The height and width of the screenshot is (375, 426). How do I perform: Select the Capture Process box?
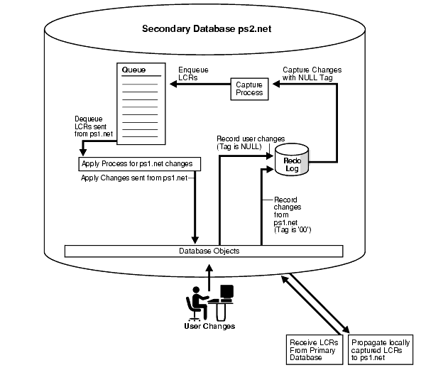[x=248, y=88]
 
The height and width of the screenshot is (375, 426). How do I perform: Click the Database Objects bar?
[x=203, y=251]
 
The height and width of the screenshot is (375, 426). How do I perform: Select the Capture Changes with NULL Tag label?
[x=307, y=73]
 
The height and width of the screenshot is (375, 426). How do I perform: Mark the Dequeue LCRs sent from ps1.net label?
[x=94, y=126]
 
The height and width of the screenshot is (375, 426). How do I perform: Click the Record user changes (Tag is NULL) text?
[x=241, y=142]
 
